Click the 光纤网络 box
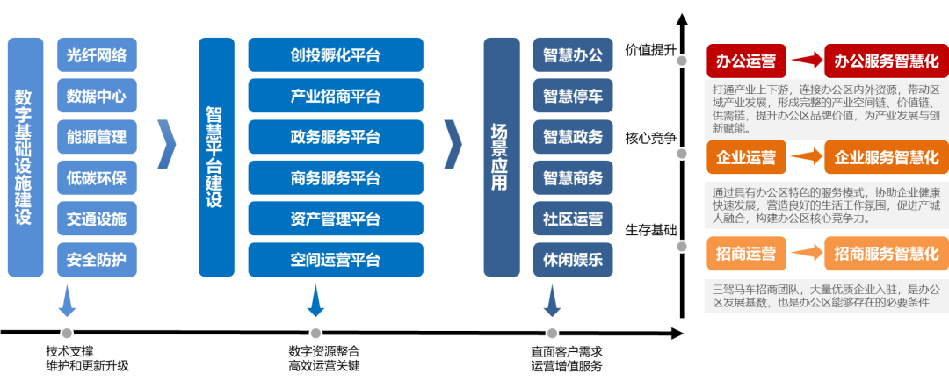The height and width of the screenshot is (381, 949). tap(97, 55)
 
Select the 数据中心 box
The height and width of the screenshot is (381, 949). tap(97, 96)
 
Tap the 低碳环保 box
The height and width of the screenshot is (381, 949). tap(97, 178)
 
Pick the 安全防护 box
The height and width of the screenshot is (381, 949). tap(97, 260)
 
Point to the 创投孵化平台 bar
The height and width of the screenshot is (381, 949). tap(335, 55)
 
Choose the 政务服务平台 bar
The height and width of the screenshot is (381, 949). tap(335, 137)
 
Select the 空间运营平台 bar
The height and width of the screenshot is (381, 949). tap(335, 260)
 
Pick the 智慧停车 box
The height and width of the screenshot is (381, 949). tap(573, 96)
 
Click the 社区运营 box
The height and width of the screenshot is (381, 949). tap(573, 219)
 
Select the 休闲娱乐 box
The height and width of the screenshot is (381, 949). tap(573, 260)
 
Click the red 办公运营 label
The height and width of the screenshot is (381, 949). tap(746, 61)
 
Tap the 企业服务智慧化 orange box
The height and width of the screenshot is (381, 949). tap(886, 158)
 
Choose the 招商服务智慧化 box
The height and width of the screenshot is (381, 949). tap(886, 254)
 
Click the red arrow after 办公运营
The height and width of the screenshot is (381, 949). tap(805, 61)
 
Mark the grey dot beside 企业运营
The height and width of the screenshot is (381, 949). tap(681, 154)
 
